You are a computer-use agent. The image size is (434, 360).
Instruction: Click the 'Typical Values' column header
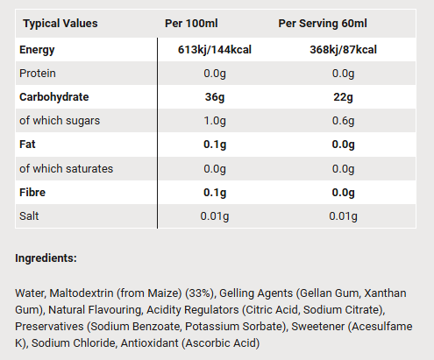[x=60, y=24]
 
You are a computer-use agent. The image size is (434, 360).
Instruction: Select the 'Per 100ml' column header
[x=191, y=24]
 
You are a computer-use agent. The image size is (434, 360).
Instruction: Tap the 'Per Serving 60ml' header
[x=323, y=24]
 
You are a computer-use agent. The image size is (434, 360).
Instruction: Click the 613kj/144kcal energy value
[x=215, y=50]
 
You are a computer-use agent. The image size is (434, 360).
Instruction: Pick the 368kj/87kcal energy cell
[x=343, y=50]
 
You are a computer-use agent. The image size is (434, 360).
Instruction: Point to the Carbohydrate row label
[x=54, y=97]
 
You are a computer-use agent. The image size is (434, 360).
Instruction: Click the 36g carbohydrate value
[x=215, y=97]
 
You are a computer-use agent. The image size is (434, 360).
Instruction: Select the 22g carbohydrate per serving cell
[x=343, y=97]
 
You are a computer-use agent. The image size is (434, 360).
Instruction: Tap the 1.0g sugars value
[x=215, y=121]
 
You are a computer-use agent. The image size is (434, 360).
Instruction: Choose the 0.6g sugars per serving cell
[x=343, y=121]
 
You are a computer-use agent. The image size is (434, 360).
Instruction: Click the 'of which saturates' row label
[x=66, y=169]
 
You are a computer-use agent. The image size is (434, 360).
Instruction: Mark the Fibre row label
[x=32, y=193]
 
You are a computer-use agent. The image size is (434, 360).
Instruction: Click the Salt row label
[x=29, y=216]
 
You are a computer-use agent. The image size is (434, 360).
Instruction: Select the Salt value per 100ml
[x=215, y=216]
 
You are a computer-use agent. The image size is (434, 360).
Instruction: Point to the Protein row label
[x=38, y=74]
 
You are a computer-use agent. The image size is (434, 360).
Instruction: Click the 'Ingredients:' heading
[x=46, y=258]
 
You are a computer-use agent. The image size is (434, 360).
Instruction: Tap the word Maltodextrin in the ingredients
[x=82, y=293]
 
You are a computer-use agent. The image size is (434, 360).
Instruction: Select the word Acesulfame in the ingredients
[x=382, y=327]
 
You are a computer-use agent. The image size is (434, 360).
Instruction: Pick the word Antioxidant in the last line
[x=149, y=343]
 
